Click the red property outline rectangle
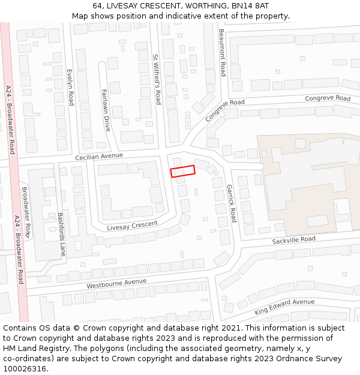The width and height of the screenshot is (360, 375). [183, 172]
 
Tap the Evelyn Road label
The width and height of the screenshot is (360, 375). [70, 86]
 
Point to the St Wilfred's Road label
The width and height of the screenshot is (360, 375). [157, 80]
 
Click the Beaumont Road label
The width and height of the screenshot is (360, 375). [222, 52]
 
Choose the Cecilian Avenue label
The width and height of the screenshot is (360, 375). [99, 157]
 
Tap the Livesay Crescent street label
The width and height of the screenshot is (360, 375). [132, 226]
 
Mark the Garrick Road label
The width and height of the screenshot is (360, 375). [231, 203]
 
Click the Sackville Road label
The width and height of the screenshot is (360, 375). [293, 240]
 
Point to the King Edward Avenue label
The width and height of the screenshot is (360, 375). [284, 307]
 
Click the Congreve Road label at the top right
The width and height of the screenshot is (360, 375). [327, 98]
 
